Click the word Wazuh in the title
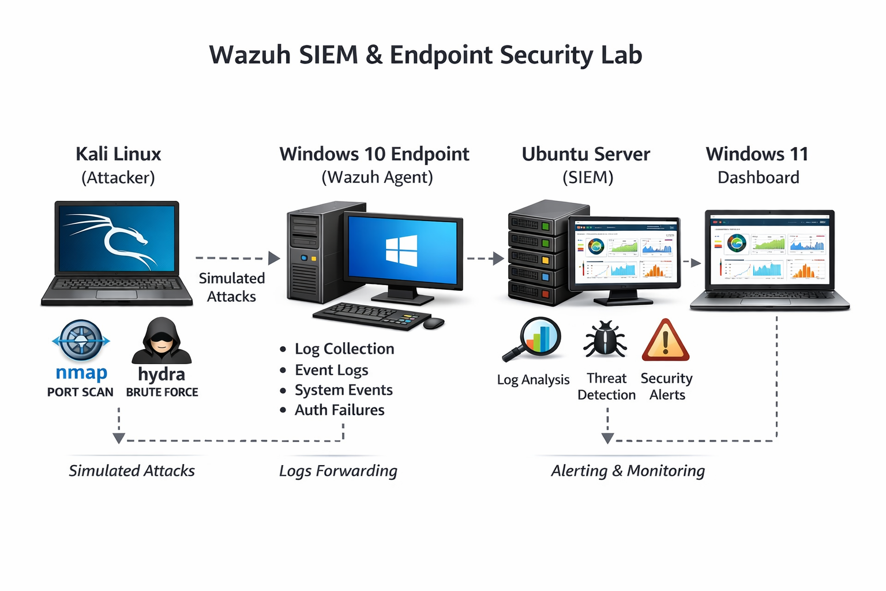point(249,55)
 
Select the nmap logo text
point(81,373)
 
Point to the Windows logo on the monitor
point(401,250)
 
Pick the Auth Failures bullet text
point(339,410)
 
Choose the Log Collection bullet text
point(344,349)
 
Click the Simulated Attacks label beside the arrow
point(232,287)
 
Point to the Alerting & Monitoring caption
point(628,471)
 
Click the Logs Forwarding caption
point(338,471)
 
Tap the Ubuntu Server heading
point(585,154)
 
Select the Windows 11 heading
point(757,154)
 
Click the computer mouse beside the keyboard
point(434,323)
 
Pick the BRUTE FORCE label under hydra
point(162,392)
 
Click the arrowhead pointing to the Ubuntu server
point(498,259)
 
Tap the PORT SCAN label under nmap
point(80,392)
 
